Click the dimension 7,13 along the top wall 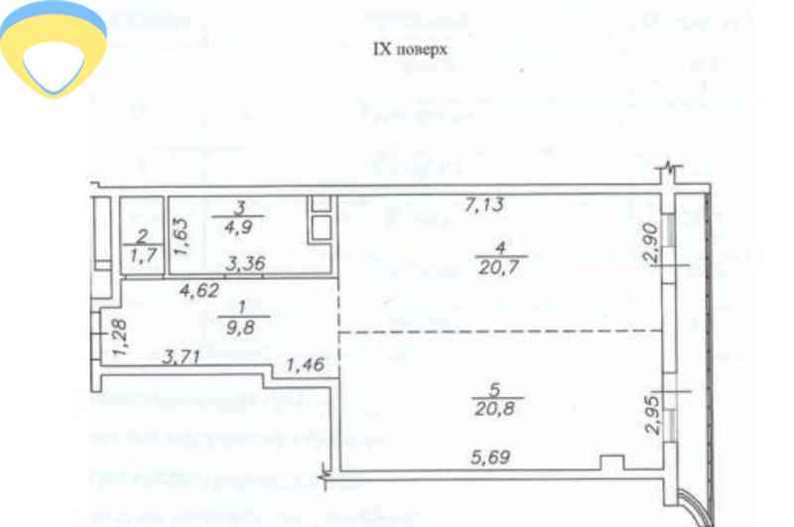[x=486, y=206]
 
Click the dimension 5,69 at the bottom [x=489, y=460]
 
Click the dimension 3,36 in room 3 [x=244, y=265]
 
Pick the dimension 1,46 [x=306, y=366]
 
